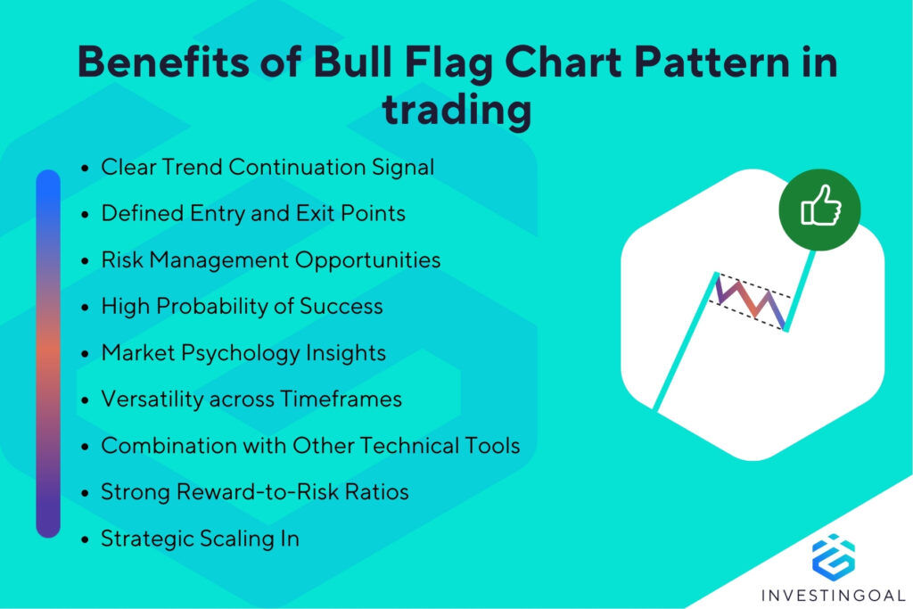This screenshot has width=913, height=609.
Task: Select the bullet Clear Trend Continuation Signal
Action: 267,167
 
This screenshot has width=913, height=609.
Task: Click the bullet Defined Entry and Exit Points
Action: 253,213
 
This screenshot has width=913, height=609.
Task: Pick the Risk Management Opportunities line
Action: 270,259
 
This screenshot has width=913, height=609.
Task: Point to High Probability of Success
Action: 242,306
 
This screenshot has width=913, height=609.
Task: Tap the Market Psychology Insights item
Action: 243,352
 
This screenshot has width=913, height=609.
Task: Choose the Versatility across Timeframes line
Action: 251,399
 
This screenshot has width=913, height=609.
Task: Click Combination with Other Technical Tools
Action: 310,445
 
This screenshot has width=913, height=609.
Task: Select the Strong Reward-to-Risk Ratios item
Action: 254,491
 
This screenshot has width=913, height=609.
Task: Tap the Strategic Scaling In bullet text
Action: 200,538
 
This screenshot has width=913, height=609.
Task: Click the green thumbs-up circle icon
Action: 819,210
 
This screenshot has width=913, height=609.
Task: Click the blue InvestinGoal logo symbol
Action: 833,554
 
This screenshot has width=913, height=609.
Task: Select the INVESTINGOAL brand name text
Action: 833,594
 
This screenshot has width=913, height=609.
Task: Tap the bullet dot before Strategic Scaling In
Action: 85,539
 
